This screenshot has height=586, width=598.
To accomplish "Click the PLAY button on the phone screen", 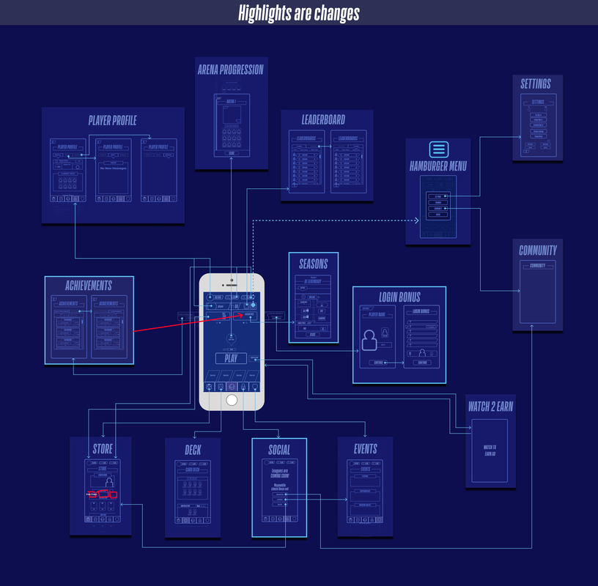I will pyautogui.click(x=231, y=358).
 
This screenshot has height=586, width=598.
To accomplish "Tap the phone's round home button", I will pyautogui.click(x=232, y=399).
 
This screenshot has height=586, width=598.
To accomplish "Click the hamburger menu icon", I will pyautogui.click(x=438, y=149).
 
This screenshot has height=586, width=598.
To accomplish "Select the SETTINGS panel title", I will pyautogui.click(x=536, y=84).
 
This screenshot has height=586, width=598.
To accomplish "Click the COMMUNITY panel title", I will pyautogui.click(x=538, y=250).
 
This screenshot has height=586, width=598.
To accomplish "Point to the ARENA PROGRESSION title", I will pyautogui.click(x=230, y=70).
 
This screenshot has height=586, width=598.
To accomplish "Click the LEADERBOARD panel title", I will pyautogui.click(x=323, y=119).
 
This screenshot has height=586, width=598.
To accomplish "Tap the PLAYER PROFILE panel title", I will pyautogui.click(x=112, y=121).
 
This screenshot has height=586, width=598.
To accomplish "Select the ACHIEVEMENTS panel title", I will pyautogui.click(x=89, y=286).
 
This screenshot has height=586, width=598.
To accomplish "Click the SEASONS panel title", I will pyautogui.click(x=314, y=264).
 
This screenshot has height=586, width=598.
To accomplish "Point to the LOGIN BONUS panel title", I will pyautogui.click(x=399, y=297).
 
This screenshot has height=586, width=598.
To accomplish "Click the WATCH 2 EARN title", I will pyautogui.click(x=490, y=407).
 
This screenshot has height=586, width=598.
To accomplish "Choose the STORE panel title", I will pyautogui.click(x=103, y=448).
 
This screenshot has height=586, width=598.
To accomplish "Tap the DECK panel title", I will pyautogui.click(x=193, y=450).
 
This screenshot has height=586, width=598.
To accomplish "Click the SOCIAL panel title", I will pyautogui.click(x=278, y=450).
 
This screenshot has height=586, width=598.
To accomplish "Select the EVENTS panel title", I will pyautogui.click(x=365, y=448).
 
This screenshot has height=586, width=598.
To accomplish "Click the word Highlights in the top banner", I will pyautogui.click(x=266, y=13).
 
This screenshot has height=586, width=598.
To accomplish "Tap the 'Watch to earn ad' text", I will pyautogui.click(x=490, y=449).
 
